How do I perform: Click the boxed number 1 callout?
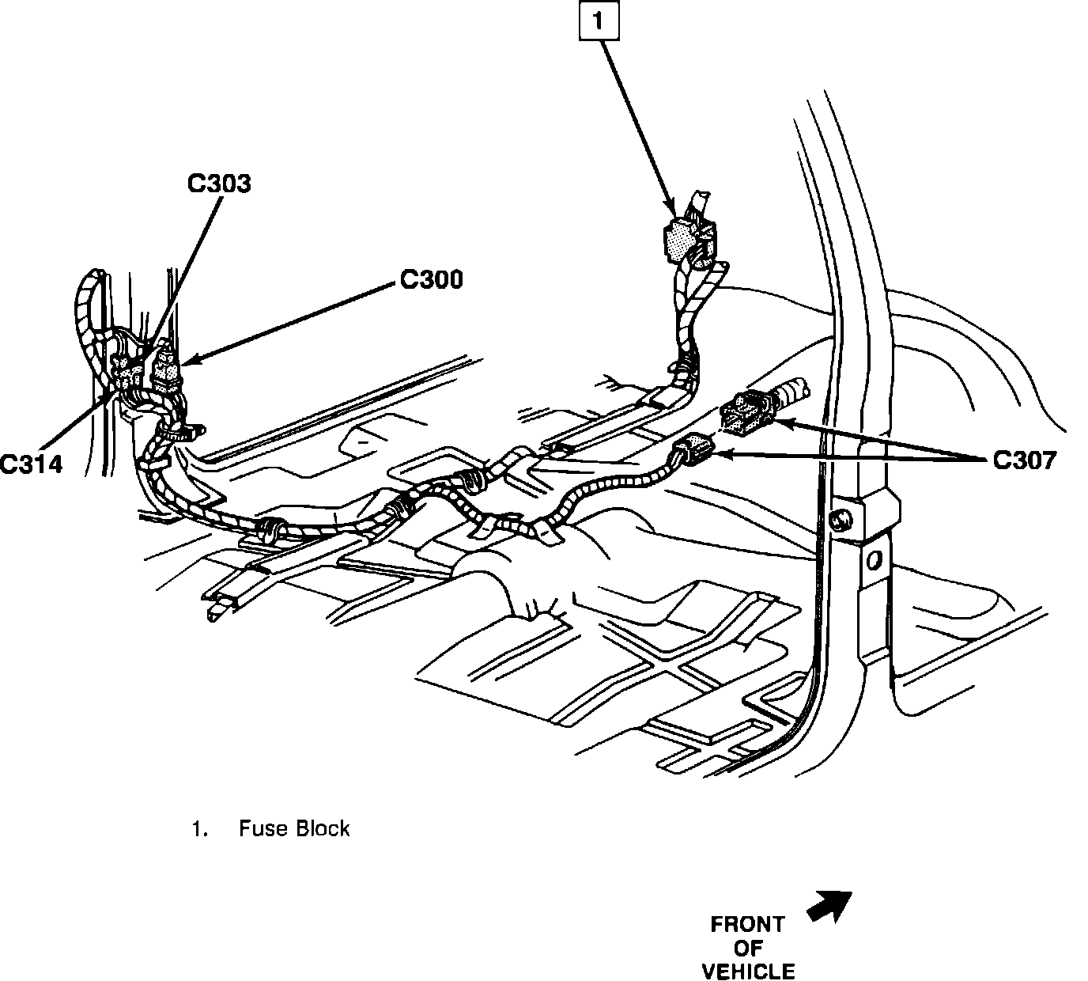pyautogui.click(x=599, y=22)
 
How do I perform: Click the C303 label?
pyautogui.click(x=219, y=184)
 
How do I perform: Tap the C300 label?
pyautogui.click(x=431, y=279)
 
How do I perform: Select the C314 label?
pyautogui.click(x=31, y=464)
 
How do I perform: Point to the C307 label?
pyautogui.click(x=1024, y=460)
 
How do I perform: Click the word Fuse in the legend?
pyautogui.click(x=261, y=828)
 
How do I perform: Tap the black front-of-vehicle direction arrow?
pyautogui.click(x=829, y=903)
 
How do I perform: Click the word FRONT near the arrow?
pyautogui.click(x=747, y=924)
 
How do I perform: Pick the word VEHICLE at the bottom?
pyautogui.click(x=748, y=970)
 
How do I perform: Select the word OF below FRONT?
pyautogui.click(x=747, y=947)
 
